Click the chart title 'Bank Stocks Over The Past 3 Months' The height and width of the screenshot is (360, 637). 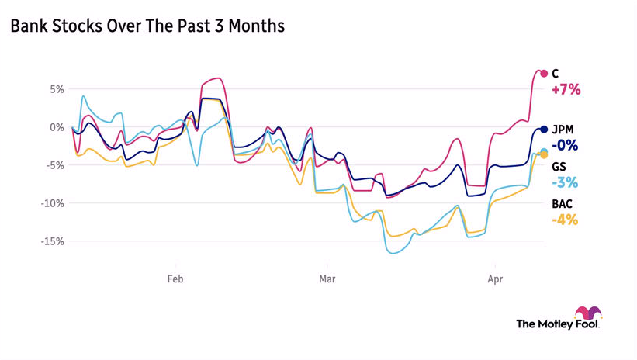[147, 26]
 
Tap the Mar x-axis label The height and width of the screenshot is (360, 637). [325, 277]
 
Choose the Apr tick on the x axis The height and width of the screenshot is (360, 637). [493, 277]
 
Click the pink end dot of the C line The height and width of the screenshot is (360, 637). [544, 74]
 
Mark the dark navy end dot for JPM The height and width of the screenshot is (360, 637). [544, 130]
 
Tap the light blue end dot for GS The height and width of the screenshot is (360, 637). [544, 151]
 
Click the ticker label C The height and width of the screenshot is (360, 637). [556, 74]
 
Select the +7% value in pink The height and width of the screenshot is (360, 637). [566, 90]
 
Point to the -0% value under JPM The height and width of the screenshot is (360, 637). [565, 146]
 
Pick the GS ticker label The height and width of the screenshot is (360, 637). [559, 167]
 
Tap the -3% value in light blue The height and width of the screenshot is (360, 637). [565, 183]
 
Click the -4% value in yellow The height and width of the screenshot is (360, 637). [565, 220]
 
